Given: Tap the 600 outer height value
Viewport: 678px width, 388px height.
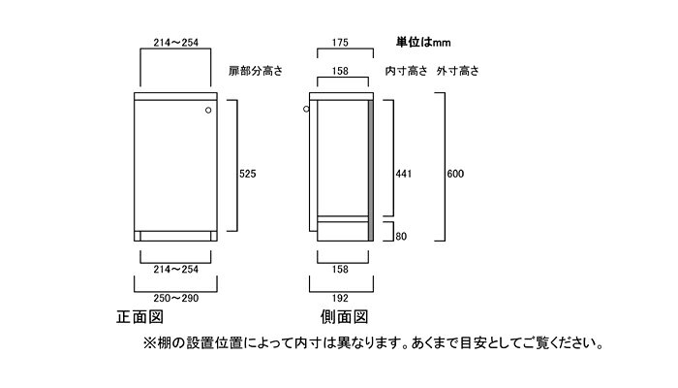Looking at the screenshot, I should [456, 174].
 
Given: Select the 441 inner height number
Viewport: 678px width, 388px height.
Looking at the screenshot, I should [405, 174].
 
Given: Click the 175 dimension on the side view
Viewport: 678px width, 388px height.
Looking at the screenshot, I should [338, 43].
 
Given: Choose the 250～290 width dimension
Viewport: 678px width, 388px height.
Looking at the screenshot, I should [175, 299].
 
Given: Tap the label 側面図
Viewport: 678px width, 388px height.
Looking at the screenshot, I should [344, 317].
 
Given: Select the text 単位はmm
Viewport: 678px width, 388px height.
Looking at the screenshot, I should [423, 43].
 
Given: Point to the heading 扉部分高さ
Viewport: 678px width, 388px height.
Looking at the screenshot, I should [256, 71].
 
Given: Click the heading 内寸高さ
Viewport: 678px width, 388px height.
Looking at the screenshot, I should [407, 71].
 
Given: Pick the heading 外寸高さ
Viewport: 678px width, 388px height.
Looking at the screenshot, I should [458, 71].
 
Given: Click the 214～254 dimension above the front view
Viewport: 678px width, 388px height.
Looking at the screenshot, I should [175, 43].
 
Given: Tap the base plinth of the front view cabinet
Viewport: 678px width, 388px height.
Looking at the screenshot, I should [175, 236].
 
